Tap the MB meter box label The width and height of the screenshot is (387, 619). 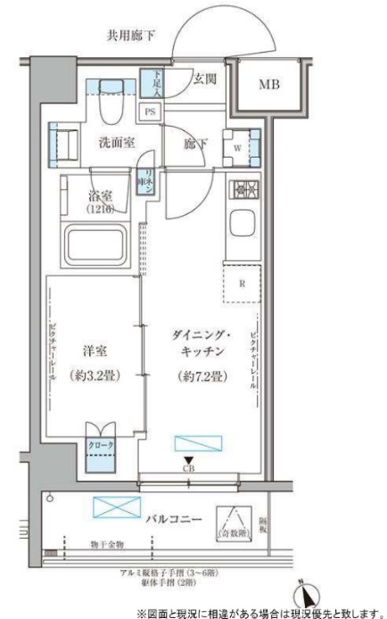[x=269, y=87]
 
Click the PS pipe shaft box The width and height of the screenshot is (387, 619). [x=149, y=111]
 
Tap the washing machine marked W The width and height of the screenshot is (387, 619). [x=238, y=144]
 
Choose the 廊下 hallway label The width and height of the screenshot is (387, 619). [x=195, y=140]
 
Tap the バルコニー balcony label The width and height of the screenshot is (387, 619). [x=171, y=517]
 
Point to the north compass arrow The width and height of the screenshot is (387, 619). [x=306, y=592]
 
